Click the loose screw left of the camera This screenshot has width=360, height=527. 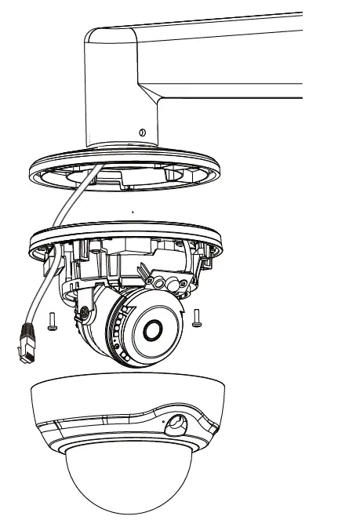tap(50, 319)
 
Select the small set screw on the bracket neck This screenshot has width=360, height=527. tap(141, 133)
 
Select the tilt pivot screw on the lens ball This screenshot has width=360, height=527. tap(82, 314)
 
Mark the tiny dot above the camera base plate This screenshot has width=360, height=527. tap(133, 212)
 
